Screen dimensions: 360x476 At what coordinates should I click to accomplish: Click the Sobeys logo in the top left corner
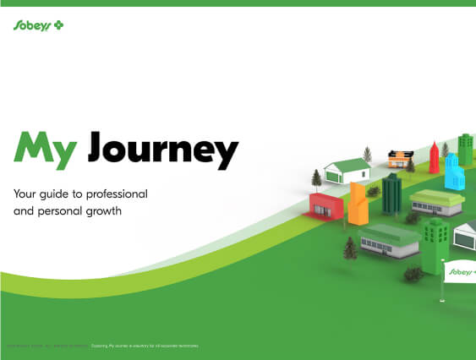tap(39, 26)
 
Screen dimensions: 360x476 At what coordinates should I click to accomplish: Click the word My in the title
tap(47, 150)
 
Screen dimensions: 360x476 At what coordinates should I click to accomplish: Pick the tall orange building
tap(357, 204)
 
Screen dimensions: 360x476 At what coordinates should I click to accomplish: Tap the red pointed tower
tap(434, 158)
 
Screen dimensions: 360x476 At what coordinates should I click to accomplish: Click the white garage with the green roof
tap(347, 170)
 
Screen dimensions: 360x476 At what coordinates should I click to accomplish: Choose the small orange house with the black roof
tap(398, 157)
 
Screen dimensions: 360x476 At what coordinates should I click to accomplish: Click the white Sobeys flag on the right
tap(461, 271)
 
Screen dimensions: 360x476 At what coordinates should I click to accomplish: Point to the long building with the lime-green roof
tap(436, 202)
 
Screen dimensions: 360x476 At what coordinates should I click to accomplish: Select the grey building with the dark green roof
tap(389, 241)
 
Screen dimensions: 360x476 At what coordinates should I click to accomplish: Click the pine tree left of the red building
tap(316, 178)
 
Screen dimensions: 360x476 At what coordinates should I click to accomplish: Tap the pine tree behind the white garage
tap(367, 155)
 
